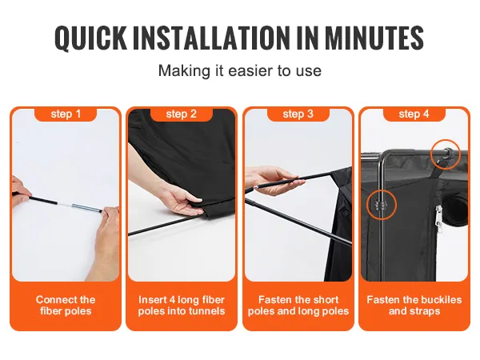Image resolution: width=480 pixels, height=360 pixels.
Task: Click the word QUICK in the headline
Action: [90, 38]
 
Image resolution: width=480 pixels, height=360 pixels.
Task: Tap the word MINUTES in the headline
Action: [374, 38]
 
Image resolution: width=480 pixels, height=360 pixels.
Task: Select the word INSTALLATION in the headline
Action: [211, 38]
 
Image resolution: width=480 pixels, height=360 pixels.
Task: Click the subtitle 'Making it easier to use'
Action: [240, 70]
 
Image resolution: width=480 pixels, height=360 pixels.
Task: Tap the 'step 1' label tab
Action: [66, 114]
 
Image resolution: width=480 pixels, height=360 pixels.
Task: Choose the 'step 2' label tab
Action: [182, 114]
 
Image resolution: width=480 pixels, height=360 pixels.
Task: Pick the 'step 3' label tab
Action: [298, 114]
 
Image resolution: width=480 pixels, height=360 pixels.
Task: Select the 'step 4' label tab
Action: [414, 114]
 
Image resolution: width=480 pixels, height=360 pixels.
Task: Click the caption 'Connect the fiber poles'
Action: [66, 306]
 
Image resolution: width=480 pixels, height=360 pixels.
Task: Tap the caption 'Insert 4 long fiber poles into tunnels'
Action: [182, 306]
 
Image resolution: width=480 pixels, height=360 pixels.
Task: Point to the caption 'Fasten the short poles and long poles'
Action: [298, 306]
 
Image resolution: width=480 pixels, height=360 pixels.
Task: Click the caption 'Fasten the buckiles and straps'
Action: [414, 306]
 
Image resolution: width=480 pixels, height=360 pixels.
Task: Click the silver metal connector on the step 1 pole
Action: [87, 208]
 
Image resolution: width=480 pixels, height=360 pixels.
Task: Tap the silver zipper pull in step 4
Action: [439, 219]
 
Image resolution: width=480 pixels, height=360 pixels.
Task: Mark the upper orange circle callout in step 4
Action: [446, 154]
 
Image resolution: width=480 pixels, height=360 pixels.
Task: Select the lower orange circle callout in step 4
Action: [382, 205]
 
